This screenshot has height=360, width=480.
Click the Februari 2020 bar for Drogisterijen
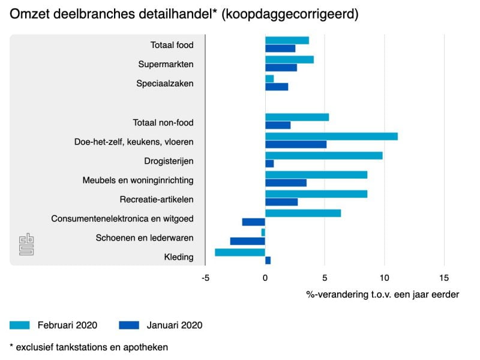click(x=324, y=156)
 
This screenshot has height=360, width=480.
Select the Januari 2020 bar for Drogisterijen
click(x=269, y=164)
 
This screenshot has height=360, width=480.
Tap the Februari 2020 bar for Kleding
click(x=240, y=252)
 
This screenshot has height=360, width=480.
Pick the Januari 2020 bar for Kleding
click(x=268, y=260)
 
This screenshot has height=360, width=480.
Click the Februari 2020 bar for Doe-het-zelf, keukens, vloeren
click(x=332, y=137)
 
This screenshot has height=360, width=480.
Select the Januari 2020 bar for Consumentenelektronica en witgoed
click(x=253, y=222)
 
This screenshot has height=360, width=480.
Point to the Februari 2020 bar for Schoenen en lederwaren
click(x=263, y=232)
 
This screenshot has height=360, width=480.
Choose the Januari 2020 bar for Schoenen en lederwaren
click(x=248, y=241)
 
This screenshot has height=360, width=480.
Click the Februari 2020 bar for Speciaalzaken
click(x=269, y=79)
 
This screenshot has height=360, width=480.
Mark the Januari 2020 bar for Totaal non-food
click(x=278, y=125)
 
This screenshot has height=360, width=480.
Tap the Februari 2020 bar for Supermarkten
click(x=290, y=59)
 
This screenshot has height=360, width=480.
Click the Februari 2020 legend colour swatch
click(x=20, y=325)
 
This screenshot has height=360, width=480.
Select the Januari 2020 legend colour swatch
click(x=129, y=325)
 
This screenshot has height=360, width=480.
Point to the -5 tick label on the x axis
click(x=205, y=278)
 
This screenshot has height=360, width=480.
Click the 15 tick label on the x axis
click(x=444, y=278)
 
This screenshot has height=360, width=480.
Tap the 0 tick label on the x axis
click(x=265, y=278)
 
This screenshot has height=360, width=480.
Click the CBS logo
click(x=26, y=244)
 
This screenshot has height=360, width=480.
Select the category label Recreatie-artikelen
click(x=157, y=200)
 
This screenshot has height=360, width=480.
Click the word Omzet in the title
click(x=29, y=14)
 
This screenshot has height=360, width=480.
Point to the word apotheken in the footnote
click(x=145, y=347)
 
